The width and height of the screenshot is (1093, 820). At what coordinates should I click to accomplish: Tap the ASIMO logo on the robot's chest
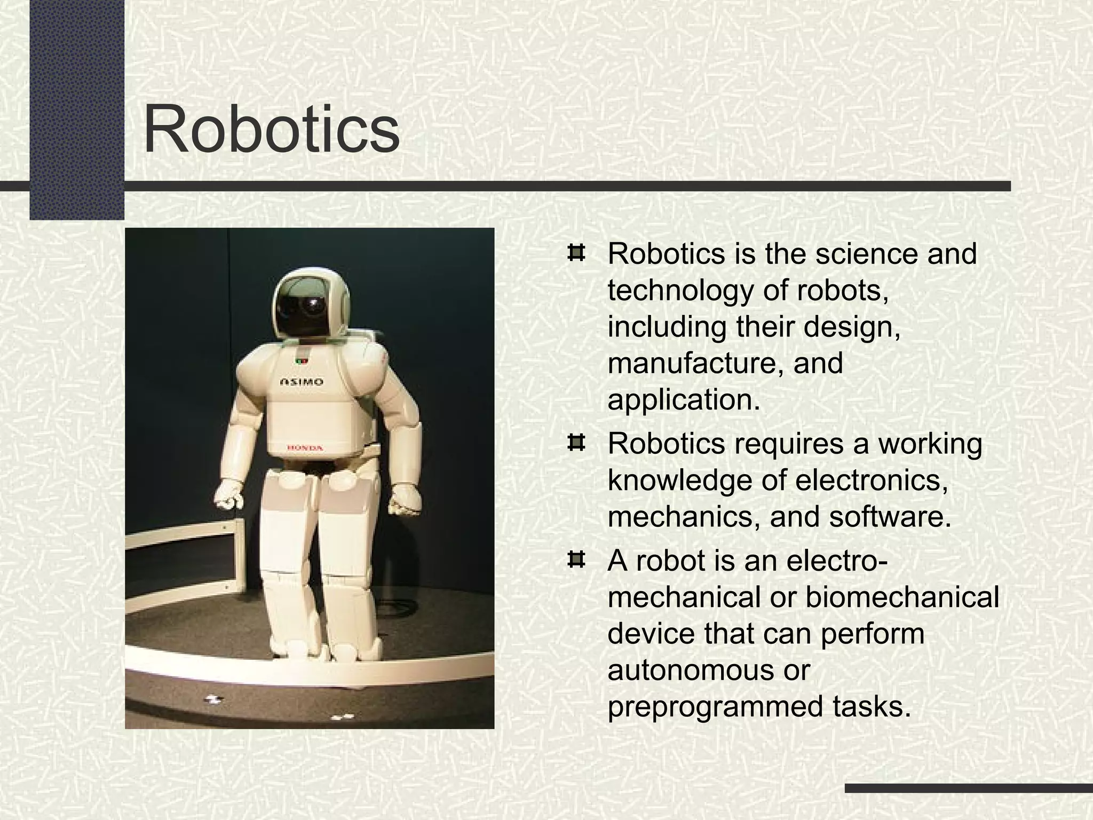click(302, 382)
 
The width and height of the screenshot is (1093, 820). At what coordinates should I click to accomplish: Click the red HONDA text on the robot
click(305, 447)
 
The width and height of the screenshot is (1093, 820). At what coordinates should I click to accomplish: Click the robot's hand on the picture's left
click(229, 495)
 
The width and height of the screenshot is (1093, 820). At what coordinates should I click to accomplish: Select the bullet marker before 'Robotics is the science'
click(575, 253)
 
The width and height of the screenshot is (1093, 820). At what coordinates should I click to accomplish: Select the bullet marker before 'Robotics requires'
click(575, 443)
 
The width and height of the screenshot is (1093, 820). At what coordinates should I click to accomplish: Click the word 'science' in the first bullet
click(868, 254)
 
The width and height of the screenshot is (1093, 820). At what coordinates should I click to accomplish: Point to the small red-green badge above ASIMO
click(302, 361)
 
